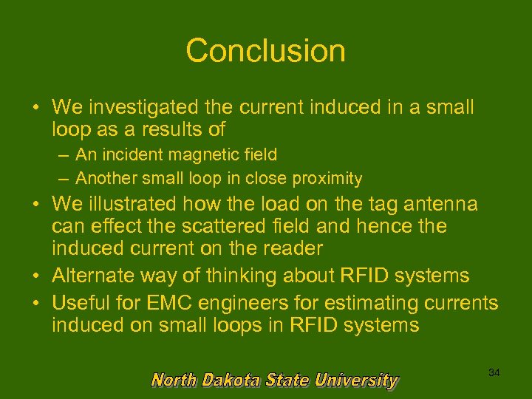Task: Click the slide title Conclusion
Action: [265, 51]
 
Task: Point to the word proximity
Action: [327, 178]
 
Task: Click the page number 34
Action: [494, 373]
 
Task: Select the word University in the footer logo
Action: [357, 381]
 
